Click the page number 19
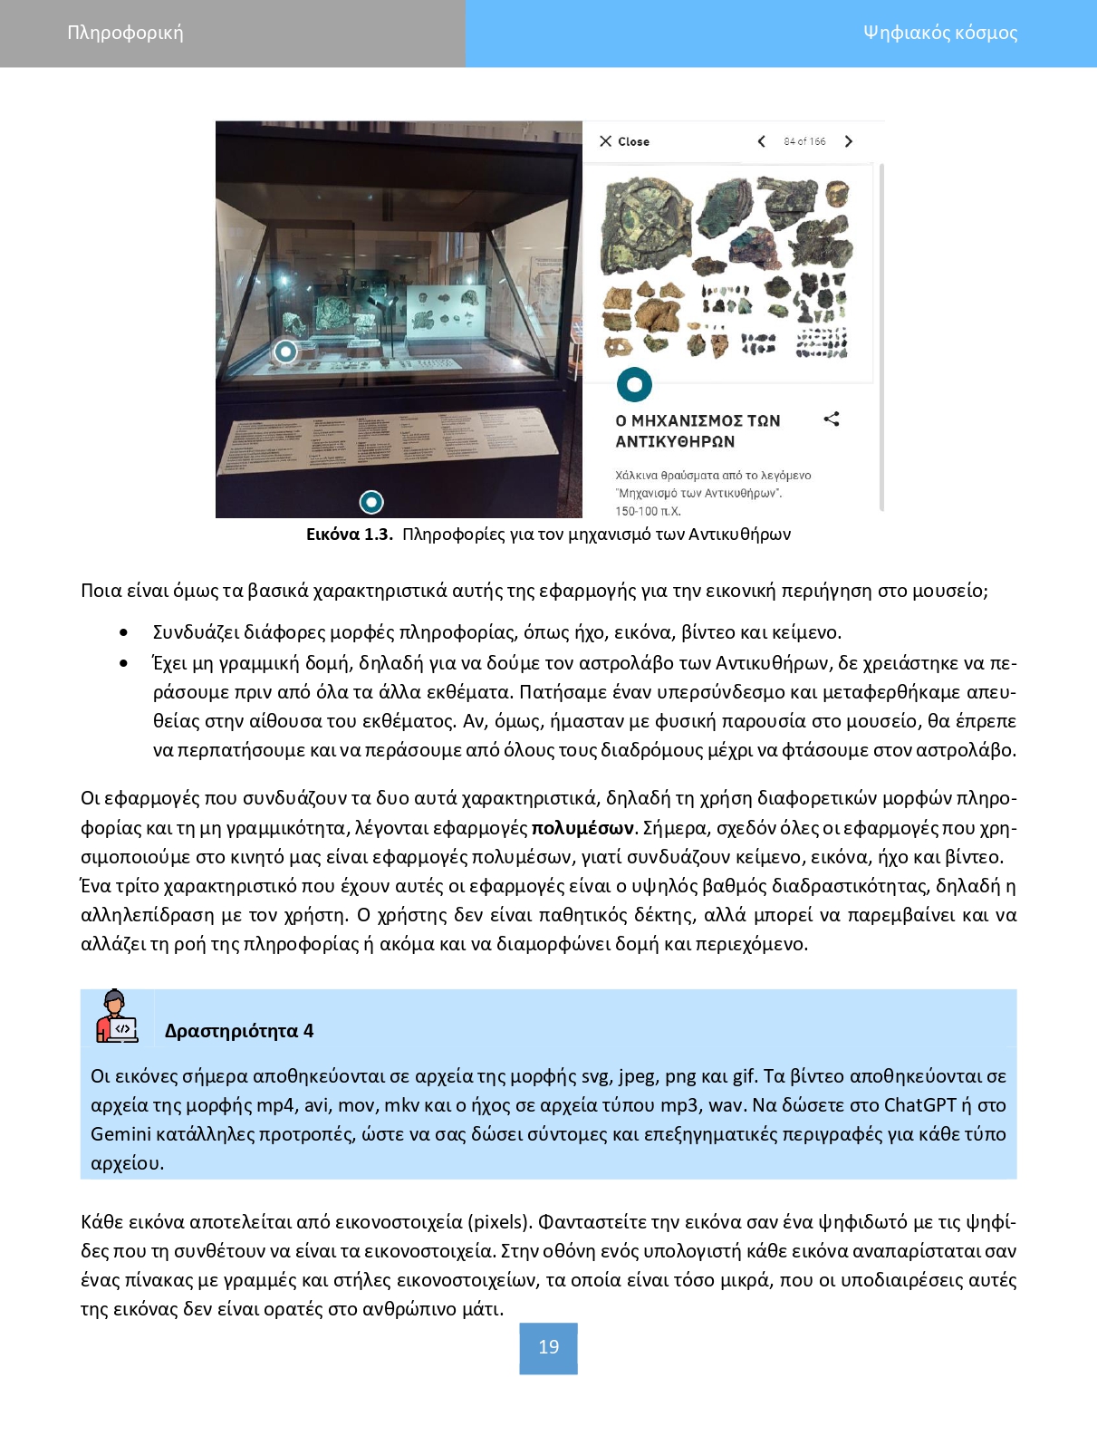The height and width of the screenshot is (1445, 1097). [548, 1347]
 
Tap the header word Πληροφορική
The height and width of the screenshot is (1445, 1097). [125, 34]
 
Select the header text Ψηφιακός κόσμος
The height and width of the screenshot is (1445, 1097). [939, 34]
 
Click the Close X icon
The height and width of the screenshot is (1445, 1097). [606, 141]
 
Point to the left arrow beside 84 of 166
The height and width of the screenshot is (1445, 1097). [761, 141]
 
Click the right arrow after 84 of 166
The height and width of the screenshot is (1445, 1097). [849, 141]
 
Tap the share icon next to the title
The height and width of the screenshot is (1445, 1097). [832, 419]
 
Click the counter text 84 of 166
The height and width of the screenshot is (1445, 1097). [804, 141]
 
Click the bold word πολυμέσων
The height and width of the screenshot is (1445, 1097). [583, 828]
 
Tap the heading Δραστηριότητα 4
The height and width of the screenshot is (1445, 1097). [239, 1031]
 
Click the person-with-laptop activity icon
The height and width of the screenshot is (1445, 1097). [117, 1017]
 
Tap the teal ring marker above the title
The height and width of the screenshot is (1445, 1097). [634, 384]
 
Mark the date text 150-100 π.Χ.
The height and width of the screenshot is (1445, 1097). [648, 511]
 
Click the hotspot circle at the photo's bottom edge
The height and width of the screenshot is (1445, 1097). [371, 502]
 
